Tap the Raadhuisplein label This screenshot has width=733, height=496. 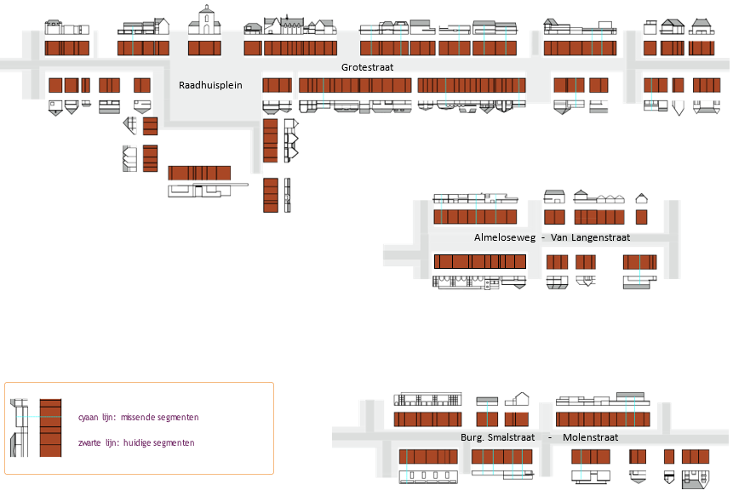[210, 85]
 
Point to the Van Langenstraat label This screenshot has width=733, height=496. [590, 237]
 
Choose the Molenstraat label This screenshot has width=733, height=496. [590, 437]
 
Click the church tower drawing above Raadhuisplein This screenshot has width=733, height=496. [206, 20]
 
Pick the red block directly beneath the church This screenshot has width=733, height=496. [205, 48]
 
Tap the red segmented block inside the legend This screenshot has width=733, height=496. [51, 428]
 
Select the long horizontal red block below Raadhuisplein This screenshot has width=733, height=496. [199, 173]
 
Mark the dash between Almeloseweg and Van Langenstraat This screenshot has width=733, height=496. [543, 237]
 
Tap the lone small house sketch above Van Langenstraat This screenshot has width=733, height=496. [553, 197]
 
